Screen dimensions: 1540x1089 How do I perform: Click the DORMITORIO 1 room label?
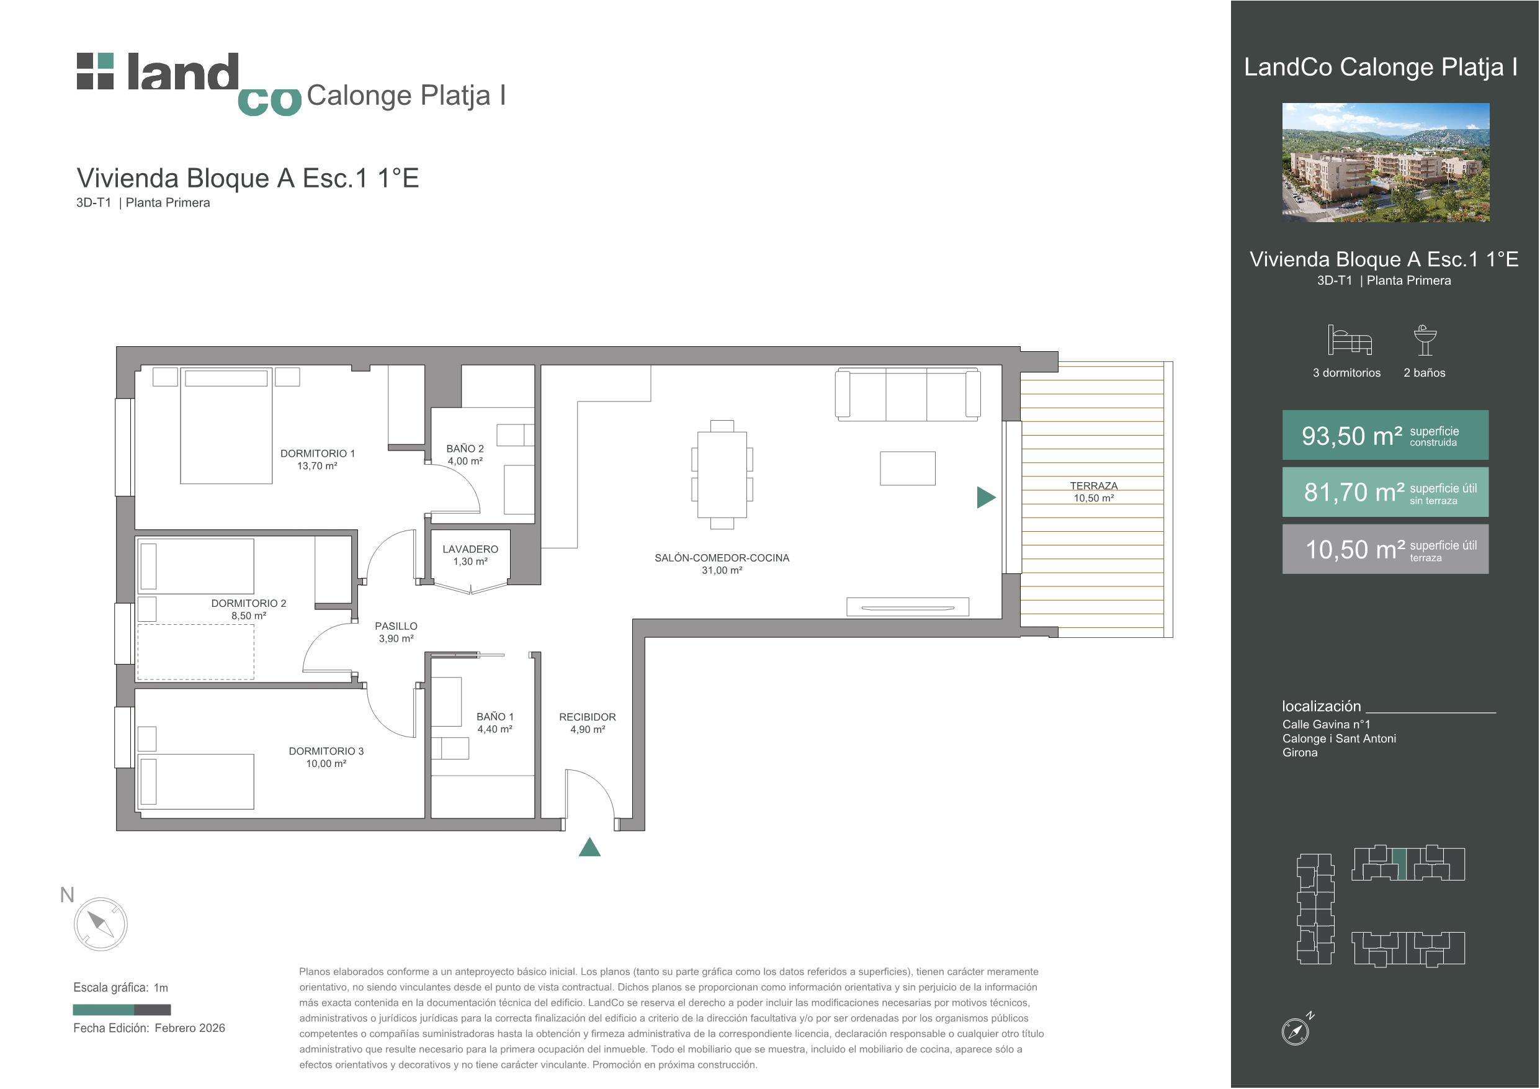[x=317, y=454]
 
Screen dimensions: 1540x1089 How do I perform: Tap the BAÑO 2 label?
[x=465, y=448]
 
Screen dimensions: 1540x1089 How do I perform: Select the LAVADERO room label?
[x=470, y=549]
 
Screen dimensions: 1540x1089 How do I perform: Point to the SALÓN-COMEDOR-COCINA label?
[x=722, y=558]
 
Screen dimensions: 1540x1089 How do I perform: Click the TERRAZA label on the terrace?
[x=1093, y=486]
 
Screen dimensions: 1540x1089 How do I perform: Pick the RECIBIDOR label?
[x=588, y=717]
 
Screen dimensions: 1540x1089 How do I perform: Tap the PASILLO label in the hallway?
[x=396, y=626]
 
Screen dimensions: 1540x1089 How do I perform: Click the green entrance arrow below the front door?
[x=589, y=848]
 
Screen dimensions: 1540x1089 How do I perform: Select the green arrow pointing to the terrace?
[x=986, y=497]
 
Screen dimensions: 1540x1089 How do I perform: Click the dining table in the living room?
[x=722, y=475]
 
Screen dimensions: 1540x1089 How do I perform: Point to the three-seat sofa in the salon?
[x=908, y=394]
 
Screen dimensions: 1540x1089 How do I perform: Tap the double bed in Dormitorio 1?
[x=226, y=426]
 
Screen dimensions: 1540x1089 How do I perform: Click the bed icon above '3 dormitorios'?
[x=1350, y=340]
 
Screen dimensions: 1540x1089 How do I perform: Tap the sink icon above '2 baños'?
[x=1425, y=340]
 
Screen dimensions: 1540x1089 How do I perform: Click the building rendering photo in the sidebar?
[x=1386, y=163]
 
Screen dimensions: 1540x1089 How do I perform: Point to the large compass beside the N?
[x=101, y=924]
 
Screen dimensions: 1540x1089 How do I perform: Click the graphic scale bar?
[x=122, y=1010]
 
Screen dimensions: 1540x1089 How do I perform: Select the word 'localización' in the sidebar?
[x=1322, y=707]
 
